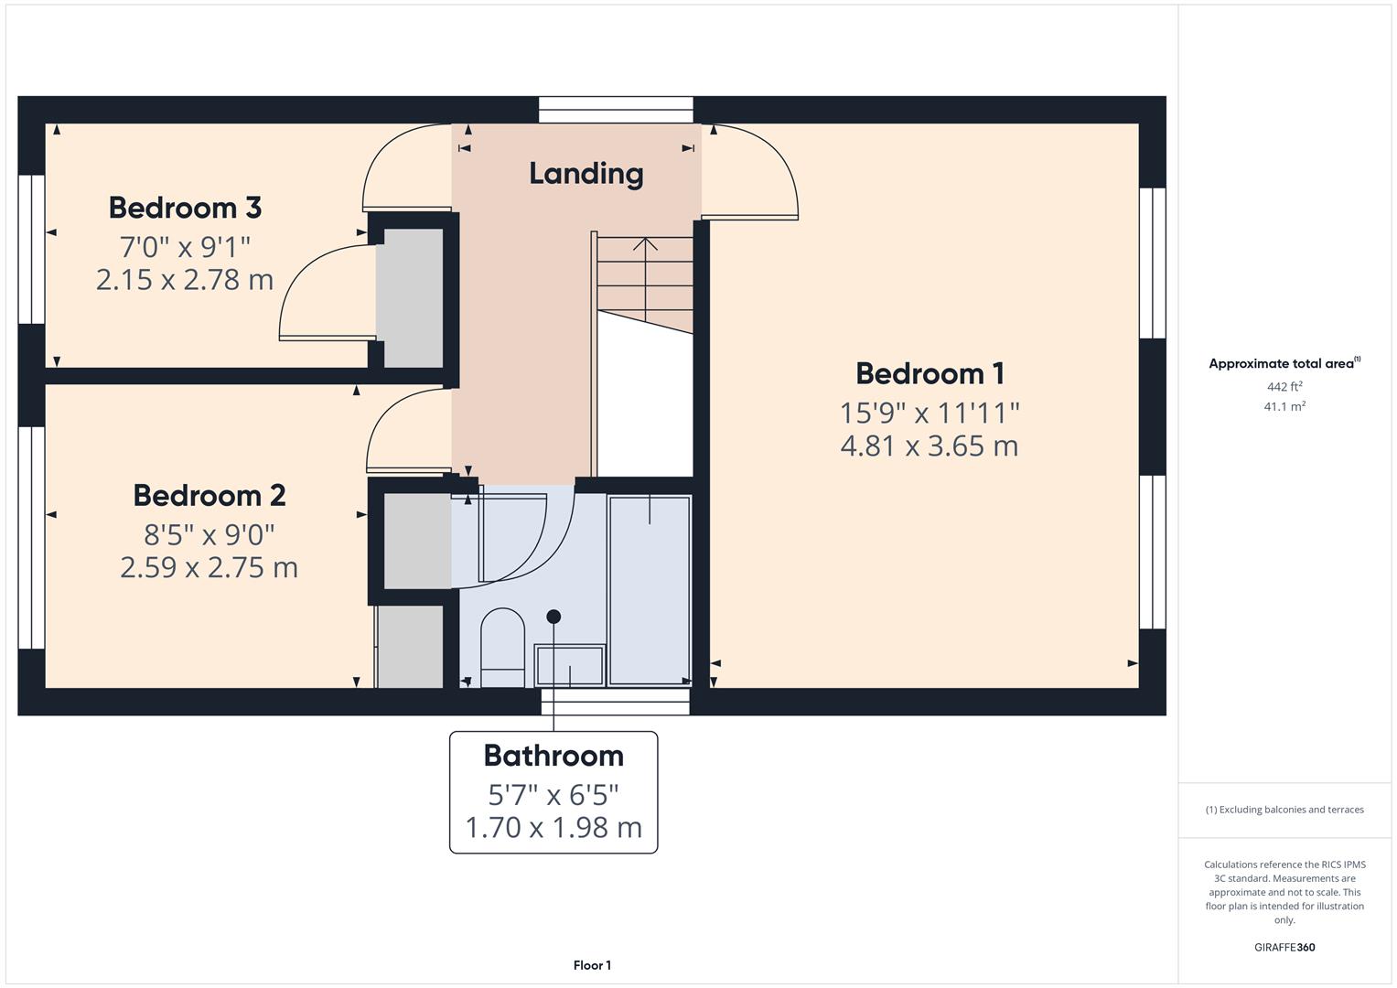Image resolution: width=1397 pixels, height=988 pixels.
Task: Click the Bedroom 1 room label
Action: coord(930,373)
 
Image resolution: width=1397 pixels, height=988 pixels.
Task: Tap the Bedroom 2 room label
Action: coord(210,495)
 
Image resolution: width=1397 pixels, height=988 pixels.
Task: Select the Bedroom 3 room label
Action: coord(185,208)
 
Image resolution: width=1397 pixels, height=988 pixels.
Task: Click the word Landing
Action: coord(586,173)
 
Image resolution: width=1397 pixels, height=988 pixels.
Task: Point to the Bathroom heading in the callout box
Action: coord(553,756)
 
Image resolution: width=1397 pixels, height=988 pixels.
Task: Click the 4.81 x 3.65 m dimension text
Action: coord(929,446)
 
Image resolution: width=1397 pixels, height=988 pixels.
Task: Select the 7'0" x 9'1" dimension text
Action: coord(185,246)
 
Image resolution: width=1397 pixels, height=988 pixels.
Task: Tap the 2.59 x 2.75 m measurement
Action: coord(209,567)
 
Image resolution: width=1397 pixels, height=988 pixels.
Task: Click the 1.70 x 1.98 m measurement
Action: coord(553,827)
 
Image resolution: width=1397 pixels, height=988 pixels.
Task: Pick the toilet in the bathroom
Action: coord(502,647)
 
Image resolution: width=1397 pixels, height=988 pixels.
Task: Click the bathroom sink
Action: coord(570,665)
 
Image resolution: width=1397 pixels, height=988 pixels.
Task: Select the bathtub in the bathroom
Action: coord(650,590)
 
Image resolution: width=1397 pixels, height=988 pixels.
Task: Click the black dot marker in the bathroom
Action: coord(553,617)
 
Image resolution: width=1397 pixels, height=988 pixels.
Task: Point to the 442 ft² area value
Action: coord(1284,387)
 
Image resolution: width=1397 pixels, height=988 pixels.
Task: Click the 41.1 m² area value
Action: coord(1284,406)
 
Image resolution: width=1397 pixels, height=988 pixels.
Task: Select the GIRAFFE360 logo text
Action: coord(1284,947)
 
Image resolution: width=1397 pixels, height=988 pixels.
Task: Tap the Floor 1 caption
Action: coord(592,965)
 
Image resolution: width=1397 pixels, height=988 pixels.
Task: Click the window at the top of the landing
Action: coord(616,110)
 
